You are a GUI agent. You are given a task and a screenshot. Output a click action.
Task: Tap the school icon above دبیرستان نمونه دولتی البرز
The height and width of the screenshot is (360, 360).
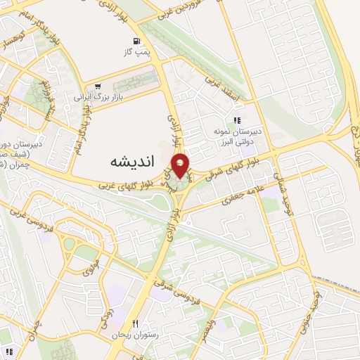(238, 120)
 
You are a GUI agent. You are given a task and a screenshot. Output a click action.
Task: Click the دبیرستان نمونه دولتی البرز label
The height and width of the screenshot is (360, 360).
(238, 136)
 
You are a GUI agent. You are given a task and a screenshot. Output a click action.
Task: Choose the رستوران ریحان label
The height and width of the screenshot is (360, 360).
(135, 335)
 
